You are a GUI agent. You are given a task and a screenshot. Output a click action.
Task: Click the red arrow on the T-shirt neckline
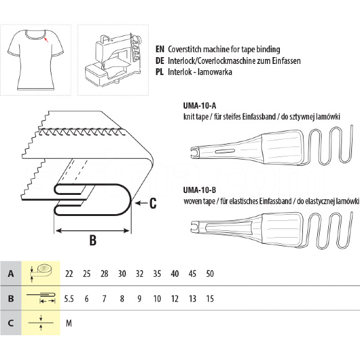pos(46,40)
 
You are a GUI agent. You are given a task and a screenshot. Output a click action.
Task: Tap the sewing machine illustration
pos(113,60)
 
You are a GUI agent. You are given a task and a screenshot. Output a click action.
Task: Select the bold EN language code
pos(160,49)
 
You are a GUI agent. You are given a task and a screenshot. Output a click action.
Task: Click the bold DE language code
pos(160,61)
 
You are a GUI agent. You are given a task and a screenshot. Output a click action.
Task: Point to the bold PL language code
pos(160,72)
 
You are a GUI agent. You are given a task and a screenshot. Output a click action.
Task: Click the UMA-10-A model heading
pos(199,106)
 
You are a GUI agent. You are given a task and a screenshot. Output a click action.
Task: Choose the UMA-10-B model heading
pos(199,190)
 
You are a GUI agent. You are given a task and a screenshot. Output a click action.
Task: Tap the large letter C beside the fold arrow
pos(153,203)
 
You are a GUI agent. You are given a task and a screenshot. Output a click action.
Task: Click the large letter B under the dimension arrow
pos(92,240)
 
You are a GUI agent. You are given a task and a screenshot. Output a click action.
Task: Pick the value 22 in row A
pos(69,274)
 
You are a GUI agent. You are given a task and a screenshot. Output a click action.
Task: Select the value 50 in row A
pos(210,274)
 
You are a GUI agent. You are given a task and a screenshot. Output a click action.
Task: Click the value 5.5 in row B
pos(69,299)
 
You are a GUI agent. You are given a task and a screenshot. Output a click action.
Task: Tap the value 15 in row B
pos(210,299)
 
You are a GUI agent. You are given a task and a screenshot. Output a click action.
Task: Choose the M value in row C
pos(69,323)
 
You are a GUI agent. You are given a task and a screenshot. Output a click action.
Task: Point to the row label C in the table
pos(11,323)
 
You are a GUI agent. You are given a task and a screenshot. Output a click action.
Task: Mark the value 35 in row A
pos(157,274)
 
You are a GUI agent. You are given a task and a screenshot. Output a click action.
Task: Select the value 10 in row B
pos(157,299)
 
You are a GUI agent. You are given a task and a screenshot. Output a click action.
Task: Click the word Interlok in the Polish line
pos(178,72)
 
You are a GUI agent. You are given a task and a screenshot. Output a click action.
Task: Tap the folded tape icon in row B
pos(41,297)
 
